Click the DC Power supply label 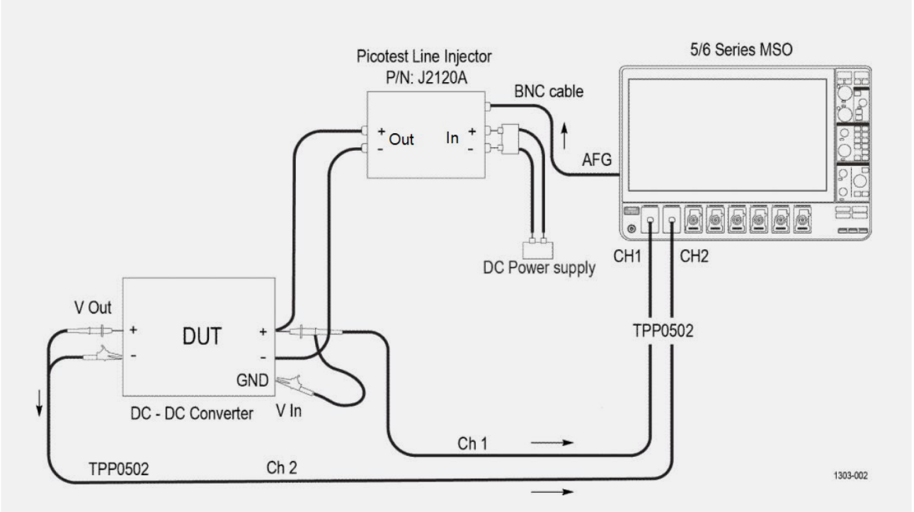pyautogui.click(x=542, y=270)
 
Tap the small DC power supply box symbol pyautogui.click(x=537, y=249)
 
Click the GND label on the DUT pyautogui.click(x=253, y=381)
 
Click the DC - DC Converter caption pyautogui.click(x=193, y=414)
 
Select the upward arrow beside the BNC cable pyautogui.click(x=564, y=135)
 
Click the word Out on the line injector pyautogui.click(x=401, y=140)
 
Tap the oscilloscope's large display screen pyautogui.click(x=726, y=135)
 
